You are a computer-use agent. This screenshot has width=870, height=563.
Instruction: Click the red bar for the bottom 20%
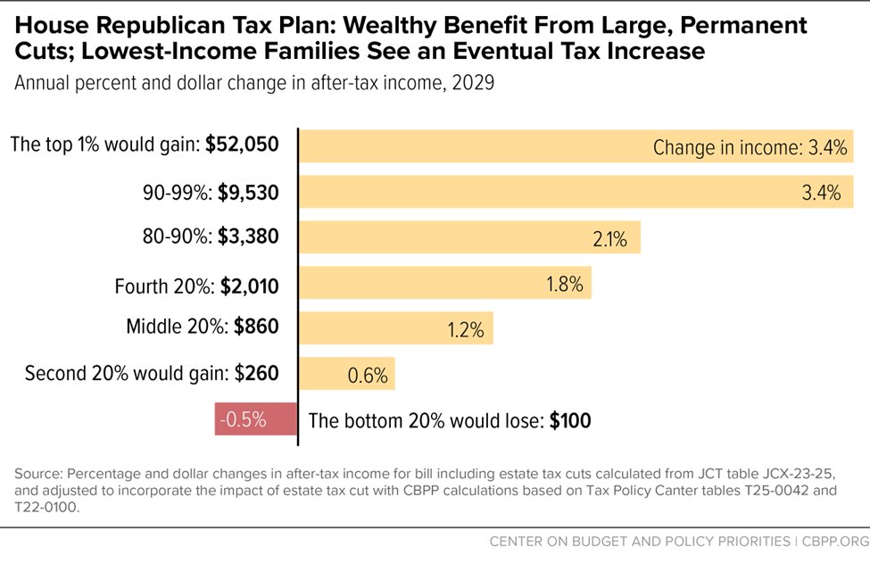(254, 419)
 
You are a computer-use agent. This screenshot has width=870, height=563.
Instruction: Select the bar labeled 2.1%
(468, 238)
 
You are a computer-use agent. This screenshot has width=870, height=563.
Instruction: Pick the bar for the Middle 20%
(395, 329)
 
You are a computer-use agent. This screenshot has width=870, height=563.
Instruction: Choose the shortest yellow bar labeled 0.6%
(346, 375)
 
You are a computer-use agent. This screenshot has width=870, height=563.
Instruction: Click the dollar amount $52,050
(242, 145)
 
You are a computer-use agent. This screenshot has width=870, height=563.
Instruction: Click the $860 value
(256, 327)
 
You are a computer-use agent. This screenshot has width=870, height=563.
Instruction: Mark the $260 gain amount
(257, 372)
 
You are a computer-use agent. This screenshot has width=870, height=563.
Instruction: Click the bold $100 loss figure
(569, 420)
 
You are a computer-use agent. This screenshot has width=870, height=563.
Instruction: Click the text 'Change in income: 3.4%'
(750, 147)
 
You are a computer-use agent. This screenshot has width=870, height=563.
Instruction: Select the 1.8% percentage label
(564, 285)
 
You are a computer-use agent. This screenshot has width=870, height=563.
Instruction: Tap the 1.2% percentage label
(466, 330)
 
